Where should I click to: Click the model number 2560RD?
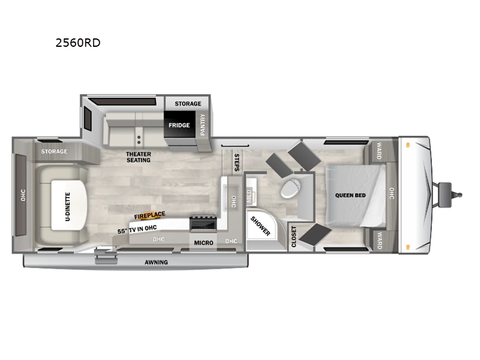point(78,43)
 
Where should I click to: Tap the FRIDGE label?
point(179,125)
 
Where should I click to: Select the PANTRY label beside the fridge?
point(202,125)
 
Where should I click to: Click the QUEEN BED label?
point(350,196)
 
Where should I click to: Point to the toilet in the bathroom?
point(290,188)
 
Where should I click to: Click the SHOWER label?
point(260,226)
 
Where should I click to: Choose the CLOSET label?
point(294,236)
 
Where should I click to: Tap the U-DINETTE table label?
point(68,206)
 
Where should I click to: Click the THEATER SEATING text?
point(139,157)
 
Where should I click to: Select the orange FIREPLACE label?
point(149,215)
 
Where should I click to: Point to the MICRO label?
point(203,243)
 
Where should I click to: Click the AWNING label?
point(156,262)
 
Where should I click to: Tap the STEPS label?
point(236,163)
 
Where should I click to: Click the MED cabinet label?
point(249,196)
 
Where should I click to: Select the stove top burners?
point(203,218)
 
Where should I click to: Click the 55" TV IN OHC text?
point(137,229)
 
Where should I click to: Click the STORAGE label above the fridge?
point(188,104)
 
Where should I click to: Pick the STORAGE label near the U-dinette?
point(54,152)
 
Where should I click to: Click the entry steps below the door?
point(106,257)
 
